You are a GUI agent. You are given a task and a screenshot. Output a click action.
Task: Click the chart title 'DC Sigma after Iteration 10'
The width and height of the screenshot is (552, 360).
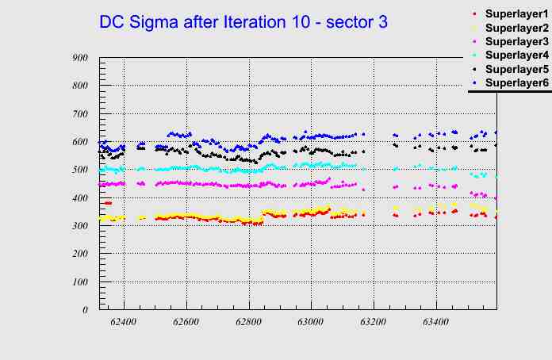[x=243, y=22]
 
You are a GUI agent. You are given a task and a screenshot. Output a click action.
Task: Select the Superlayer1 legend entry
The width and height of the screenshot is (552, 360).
[x=516, y=15]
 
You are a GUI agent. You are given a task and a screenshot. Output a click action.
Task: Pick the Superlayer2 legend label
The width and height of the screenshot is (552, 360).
[x=516, y=29]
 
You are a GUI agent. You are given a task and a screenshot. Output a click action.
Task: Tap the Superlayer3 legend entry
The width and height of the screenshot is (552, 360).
[x=516, y=41]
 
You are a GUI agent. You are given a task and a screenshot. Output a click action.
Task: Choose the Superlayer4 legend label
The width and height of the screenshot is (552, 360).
[x=516, y=55]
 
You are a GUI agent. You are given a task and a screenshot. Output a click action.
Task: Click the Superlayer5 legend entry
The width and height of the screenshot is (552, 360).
[x=516, y=69]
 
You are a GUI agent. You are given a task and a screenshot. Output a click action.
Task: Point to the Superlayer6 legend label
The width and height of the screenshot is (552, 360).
[x=516, y=82]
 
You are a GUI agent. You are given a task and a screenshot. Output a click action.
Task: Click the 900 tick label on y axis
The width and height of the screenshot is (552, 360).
[x=79, y=58]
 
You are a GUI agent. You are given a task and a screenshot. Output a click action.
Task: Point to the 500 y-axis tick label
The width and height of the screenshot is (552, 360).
[x=79, y=170]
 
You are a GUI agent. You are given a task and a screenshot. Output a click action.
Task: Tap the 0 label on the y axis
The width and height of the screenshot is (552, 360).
[x=84, y=310]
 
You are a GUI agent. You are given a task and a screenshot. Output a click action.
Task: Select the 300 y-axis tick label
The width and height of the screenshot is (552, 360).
[x=79, y=226]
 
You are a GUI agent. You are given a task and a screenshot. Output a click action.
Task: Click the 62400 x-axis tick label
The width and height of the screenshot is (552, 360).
[x=124, y=322]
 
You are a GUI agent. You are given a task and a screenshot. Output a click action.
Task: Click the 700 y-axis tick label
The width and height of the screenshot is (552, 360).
[x=79, y=114]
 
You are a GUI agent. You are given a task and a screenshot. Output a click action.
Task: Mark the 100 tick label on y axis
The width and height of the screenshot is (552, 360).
[x=79, y=282]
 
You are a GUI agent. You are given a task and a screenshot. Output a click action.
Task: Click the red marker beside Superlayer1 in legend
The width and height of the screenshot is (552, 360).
[x=474, y=14]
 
